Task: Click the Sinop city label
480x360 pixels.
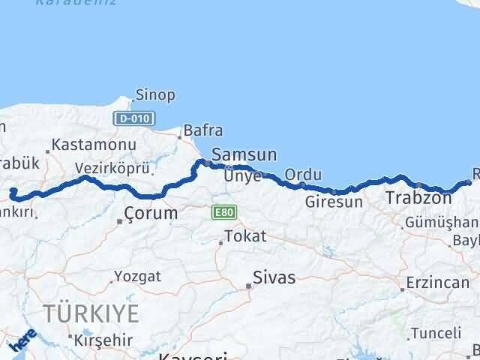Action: tap(155, 95)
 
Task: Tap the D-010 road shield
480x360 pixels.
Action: tap(135, 118)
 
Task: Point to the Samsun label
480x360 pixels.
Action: tap(244, 155)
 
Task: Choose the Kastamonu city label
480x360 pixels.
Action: tap(94, 145)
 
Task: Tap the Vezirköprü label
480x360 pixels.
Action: tap(112, 169)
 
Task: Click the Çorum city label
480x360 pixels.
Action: tap(151, 214)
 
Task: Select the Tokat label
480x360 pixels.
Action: tap(245, 237)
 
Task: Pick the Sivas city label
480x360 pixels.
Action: tap(274, 277)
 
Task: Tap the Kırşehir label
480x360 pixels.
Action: tap(103, 339)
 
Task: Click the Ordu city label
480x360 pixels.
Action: tap(303, 175)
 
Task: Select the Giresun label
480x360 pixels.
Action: tap(334, 202)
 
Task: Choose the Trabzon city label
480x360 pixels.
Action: tap(418, 199)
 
